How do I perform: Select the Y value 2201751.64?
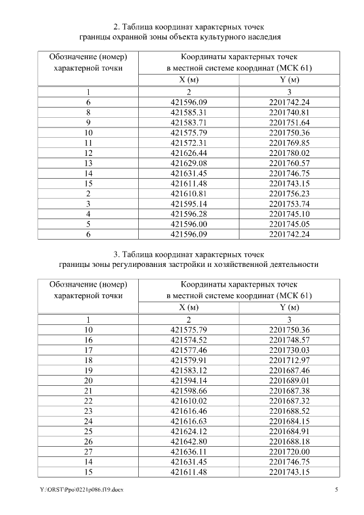289,122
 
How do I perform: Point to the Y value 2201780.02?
289,153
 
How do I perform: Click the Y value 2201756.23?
289,192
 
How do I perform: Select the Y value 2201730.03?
289,349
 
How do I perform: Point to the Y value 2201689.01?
289,380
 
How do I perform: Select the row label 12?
88,153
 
